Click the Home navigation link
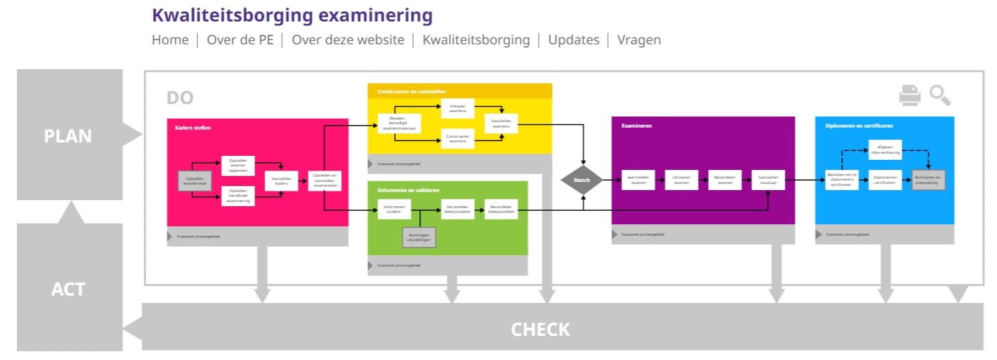tap(170, 40)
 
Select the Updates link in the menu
tap(573, 40)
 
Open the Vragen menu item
tap(638, 40)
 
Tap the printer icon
tap(910, 95)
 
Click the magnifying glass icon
tap(940, 95)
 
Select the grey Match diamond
tap(582, 180)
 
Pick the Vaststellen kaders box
tap(281, 181)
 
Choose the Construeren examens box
tap(458, 138)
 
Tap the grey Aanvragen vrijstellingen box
tap(419, 237)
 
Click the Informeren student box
tap(394, 209)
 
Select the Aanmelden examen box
tap(638, 180)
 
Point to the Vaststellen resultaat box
tap(769, 180)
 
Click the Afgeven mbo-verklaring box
tap(885, 150)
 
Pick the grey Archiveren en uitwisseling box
tap(928, 180)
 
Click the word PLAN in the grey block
tap(68, 136)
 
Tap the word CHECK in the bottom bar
tap(540, 329)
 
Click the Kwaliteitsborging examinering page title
tap(292, 15)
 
